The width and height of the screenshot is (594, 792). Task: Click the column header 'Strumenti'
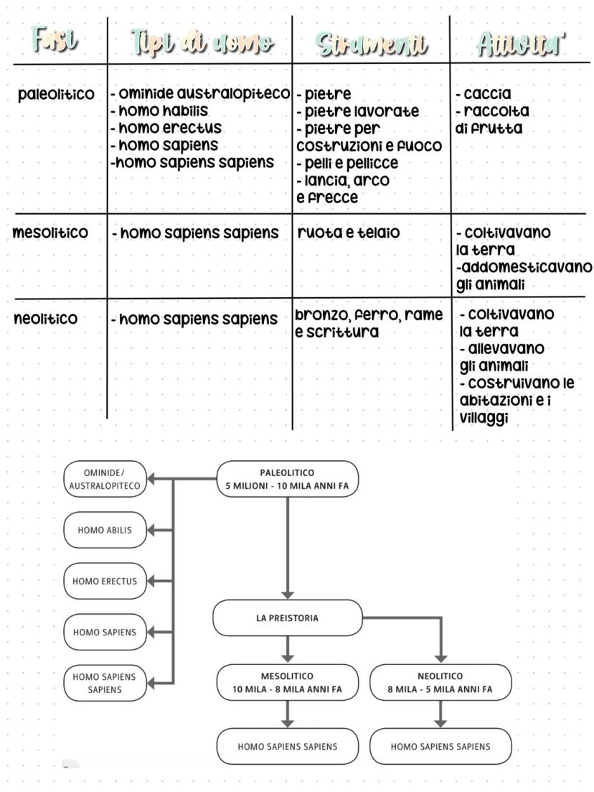click(x=371, y=45)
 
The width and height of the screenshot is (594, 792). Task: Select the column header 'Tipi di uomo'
click(x=202, y=45)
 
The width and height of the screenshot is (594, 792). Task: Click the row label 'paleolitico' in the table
click(x=56, y=95)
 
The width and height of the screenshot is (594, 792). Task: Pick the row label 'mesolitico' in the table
click(x=50, y=233)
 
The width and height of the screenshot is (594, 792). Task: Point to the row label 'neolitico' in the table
click(x=46, y=319)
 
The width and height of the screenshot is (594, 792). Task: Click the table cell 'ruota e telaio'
click(x=349, y=233)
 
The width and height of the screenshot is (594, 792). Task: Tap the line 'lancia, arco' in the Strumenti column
click(x=345, y=180)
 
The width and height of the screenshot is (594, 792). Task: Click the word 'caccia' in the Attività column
click(x=486, y=94)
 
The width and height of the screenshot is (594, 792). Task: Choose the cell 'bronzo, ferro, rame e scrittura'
click(x=369, y=324)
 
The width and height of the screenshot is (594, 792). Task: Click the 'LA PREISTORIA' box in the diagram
click(x=287, y=618)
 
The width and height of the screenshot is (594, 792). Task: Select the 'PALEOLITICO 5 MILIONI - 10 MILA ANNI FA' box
click(x=287, y=479)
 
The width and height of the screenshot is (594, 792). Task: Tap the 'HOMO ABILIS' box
click(x=105, y=531)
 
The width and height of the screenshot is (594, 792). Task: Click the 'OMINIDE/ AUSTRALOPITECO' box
click(x=105, y=479)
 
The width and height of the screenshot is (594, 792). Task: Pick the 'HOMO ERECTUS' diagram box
click(x=105, y=582)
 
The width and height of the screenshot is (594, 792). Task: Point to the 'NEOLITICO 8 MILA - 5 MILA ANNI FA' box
click(x=440, y=682)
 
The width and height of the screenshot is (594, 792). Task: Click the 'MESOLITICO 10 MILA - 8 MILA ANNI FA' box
click(x=287, y=682)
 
